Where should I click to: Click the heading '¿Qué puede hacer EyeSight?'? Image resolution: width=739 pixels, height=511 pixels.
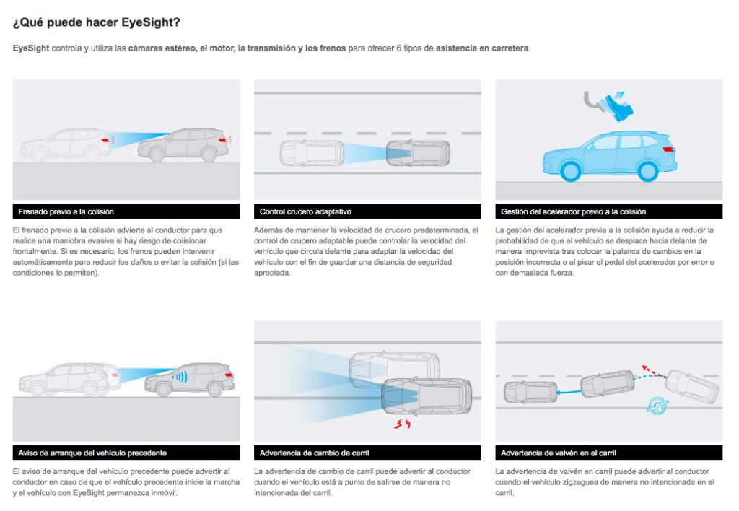(96, 22)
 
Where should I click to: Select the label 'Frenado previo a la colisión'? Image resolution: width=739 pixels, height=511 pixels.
(66, 211)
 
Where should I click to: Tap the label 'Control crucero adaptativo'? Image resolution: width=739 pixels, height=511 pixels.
(305, 211)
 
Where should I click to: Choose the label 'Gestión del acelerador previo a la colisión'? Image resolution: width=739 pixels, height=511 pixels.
(573, 211)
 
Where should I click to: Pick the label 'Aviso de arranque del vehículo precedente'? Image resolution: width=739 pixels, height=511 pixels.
(92, 453)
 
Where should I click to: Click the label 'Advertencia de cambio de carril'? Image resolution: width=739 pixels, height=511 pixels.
(315, 453)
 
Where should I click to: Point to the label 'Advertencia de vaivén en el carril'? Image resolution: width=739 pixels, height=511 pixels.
(559, 453)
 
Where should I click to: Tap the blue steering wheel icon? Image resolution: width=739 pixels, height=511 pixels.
(657, 406)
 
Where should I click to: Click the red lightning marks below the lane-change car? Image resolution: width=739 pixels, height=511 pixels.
(403, 424)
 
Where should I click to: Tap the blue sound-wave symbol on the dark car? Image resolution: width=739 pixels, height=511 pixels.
(180, 377)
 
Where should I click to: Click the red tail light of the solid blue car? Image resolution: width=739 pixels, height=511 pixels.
(669, 149)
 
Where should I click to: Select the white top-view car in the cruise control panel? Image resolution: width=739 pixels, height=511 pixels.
(312, 153)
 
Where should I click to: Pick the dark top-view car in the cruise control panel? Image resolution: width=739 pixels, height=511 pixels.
(418, 153)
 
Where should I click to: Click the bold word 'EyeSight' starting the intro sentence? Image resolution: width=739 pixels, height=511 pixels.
(31, 48)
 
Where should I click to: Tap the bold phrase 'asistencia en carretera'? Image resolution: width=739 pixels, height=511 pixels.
(481, 48)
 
